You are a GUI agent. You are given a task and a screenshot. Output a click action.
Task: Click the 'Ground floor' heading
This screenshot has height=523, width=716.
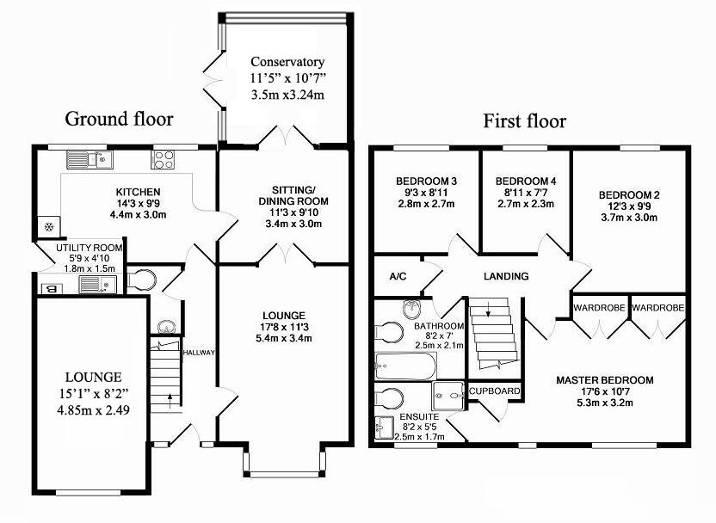click(x=119, y=120)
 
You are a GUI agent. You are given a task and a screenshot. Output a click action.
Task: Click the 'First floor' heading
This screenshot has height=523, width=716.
click(x=524, y=120)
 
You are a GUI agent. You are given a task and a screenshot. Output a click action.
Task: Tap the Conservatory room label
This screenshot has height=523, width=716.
click(x=287, y=62)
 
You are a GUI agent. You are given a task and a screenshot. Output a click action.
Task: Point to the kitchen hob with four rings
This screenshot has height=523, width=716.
click(x=164, y=159)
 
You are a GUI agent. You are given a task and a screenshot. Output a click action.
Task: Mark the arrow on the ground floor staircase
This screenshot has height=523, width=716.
click(x=169, y=399)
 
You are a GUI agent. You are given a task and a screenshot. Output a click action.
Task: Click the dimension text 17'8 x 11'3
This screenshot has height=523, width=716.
click(x=285, y=327)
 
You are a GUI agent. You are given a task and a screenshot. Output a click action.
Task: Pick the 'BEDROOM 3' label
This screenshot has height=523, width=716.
click(x=425, y=182)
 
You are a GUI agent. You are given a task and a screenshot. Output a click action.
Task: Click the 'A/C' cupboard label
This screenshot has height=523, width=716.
click(x=398, y=277)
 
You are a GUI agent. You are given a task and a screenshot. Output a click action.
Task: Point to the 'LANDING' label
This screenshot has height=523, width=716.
click(x=506, y=277)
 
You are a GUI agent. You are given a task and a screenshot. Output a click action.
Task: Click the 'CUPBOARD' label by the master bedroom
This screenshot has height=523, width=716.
click(x=494, y=391)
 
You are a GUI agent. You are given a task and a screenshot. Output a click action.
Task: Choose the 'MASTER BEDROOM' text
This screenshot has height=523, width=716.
click(x=604, y=380)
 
